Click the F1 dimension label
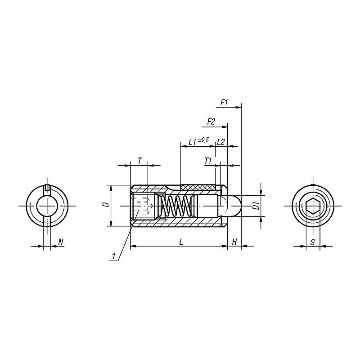[224, 103]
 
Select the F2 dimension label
[211, 121]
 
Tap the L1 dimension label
[193, 142]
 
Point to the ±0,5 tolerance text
[204, 139]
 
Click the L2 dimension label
[220, 142]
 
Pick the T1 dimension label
[208, 161]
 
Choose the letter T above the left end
[140, 161]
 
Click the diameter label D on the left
[105, 205]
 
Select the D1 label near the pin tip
[256, 206]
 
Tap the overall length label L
[181, 242]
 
